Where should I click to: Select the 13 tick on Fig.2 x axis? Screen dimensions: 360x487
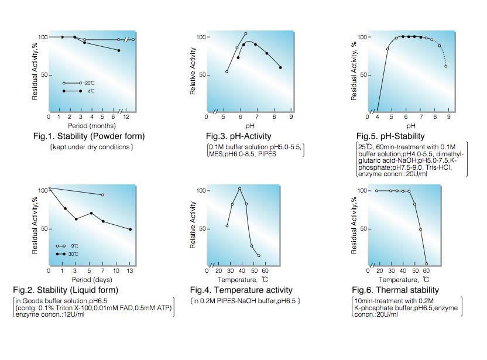130,271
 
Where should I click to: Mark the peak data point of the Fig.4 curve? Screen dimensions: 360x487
239,188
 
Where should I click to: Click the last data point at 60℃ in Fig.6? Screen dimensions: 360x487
426,264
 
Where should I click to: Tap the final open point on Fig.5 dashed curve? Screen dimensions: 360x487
446,66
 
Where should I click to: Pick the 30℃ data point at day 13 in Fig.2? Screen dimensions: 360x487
130,229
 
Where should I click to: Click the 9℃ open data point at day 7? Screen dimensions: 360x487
103,194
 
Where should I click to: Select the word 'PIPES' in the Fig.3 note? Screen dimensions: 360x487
273,154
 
